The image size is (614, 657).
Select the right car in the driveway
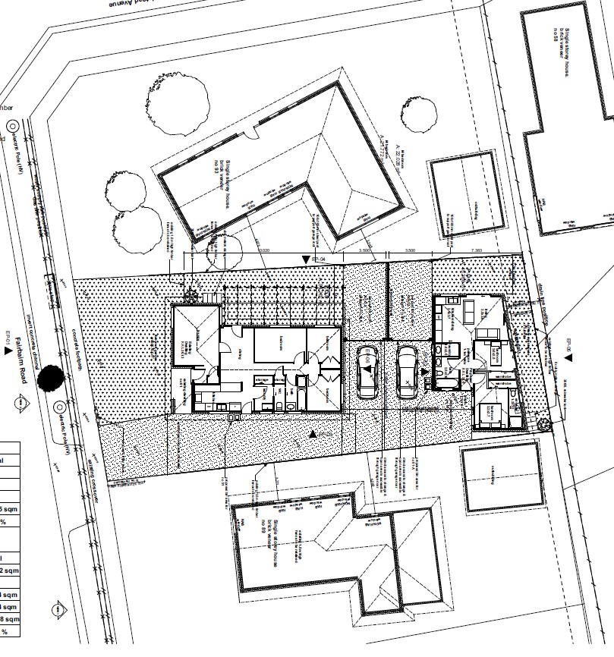[408, 371]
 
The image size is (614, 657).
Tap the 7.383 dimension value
[477, 250]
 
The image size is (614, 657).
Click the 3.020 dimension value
[265, 250]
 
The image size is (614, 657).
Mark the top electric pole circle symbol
[11, 125]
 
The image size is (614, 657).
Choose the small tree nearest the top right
[419, 115]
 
